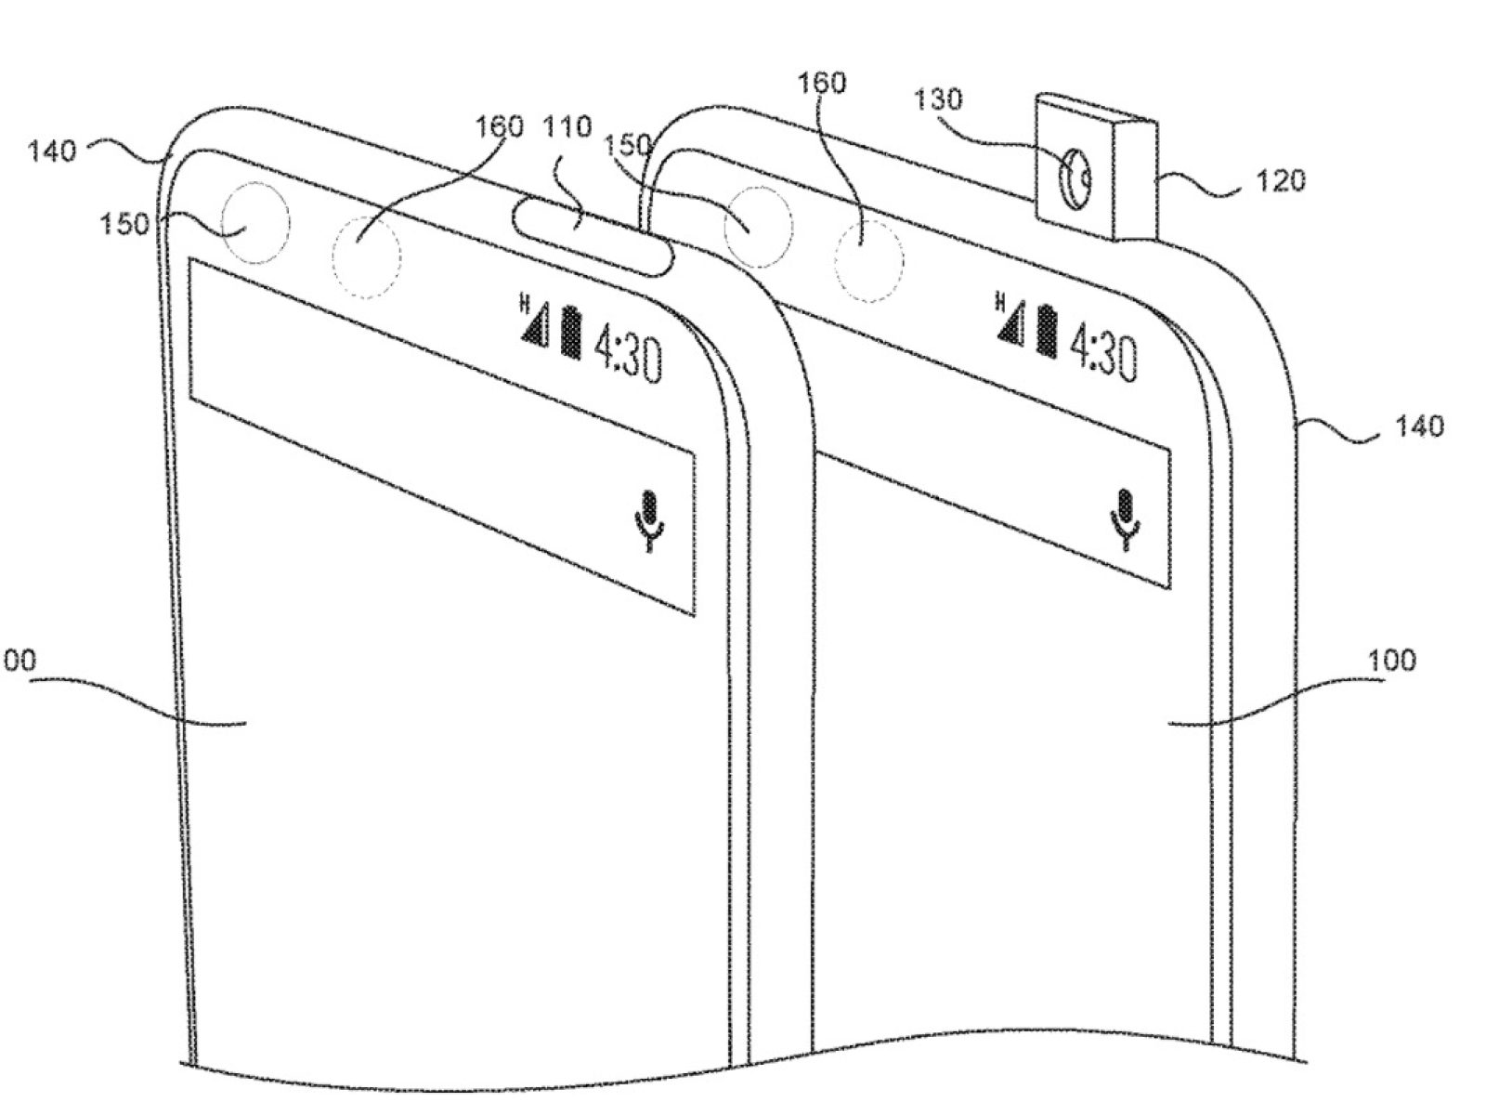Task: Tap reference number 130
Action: point(938,99)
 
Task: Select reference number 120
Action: point(1280,180)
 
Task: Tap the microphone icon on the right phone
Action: point(1127,518)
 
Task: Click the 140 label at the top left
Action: point(52,151)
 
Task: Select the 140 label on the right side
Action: point(1419,426)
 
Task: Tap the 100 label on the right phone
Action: point(1392,662)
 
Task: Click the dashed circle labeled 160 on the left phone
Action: point(366,256)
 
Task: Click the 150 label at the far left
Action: point(124,224)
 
